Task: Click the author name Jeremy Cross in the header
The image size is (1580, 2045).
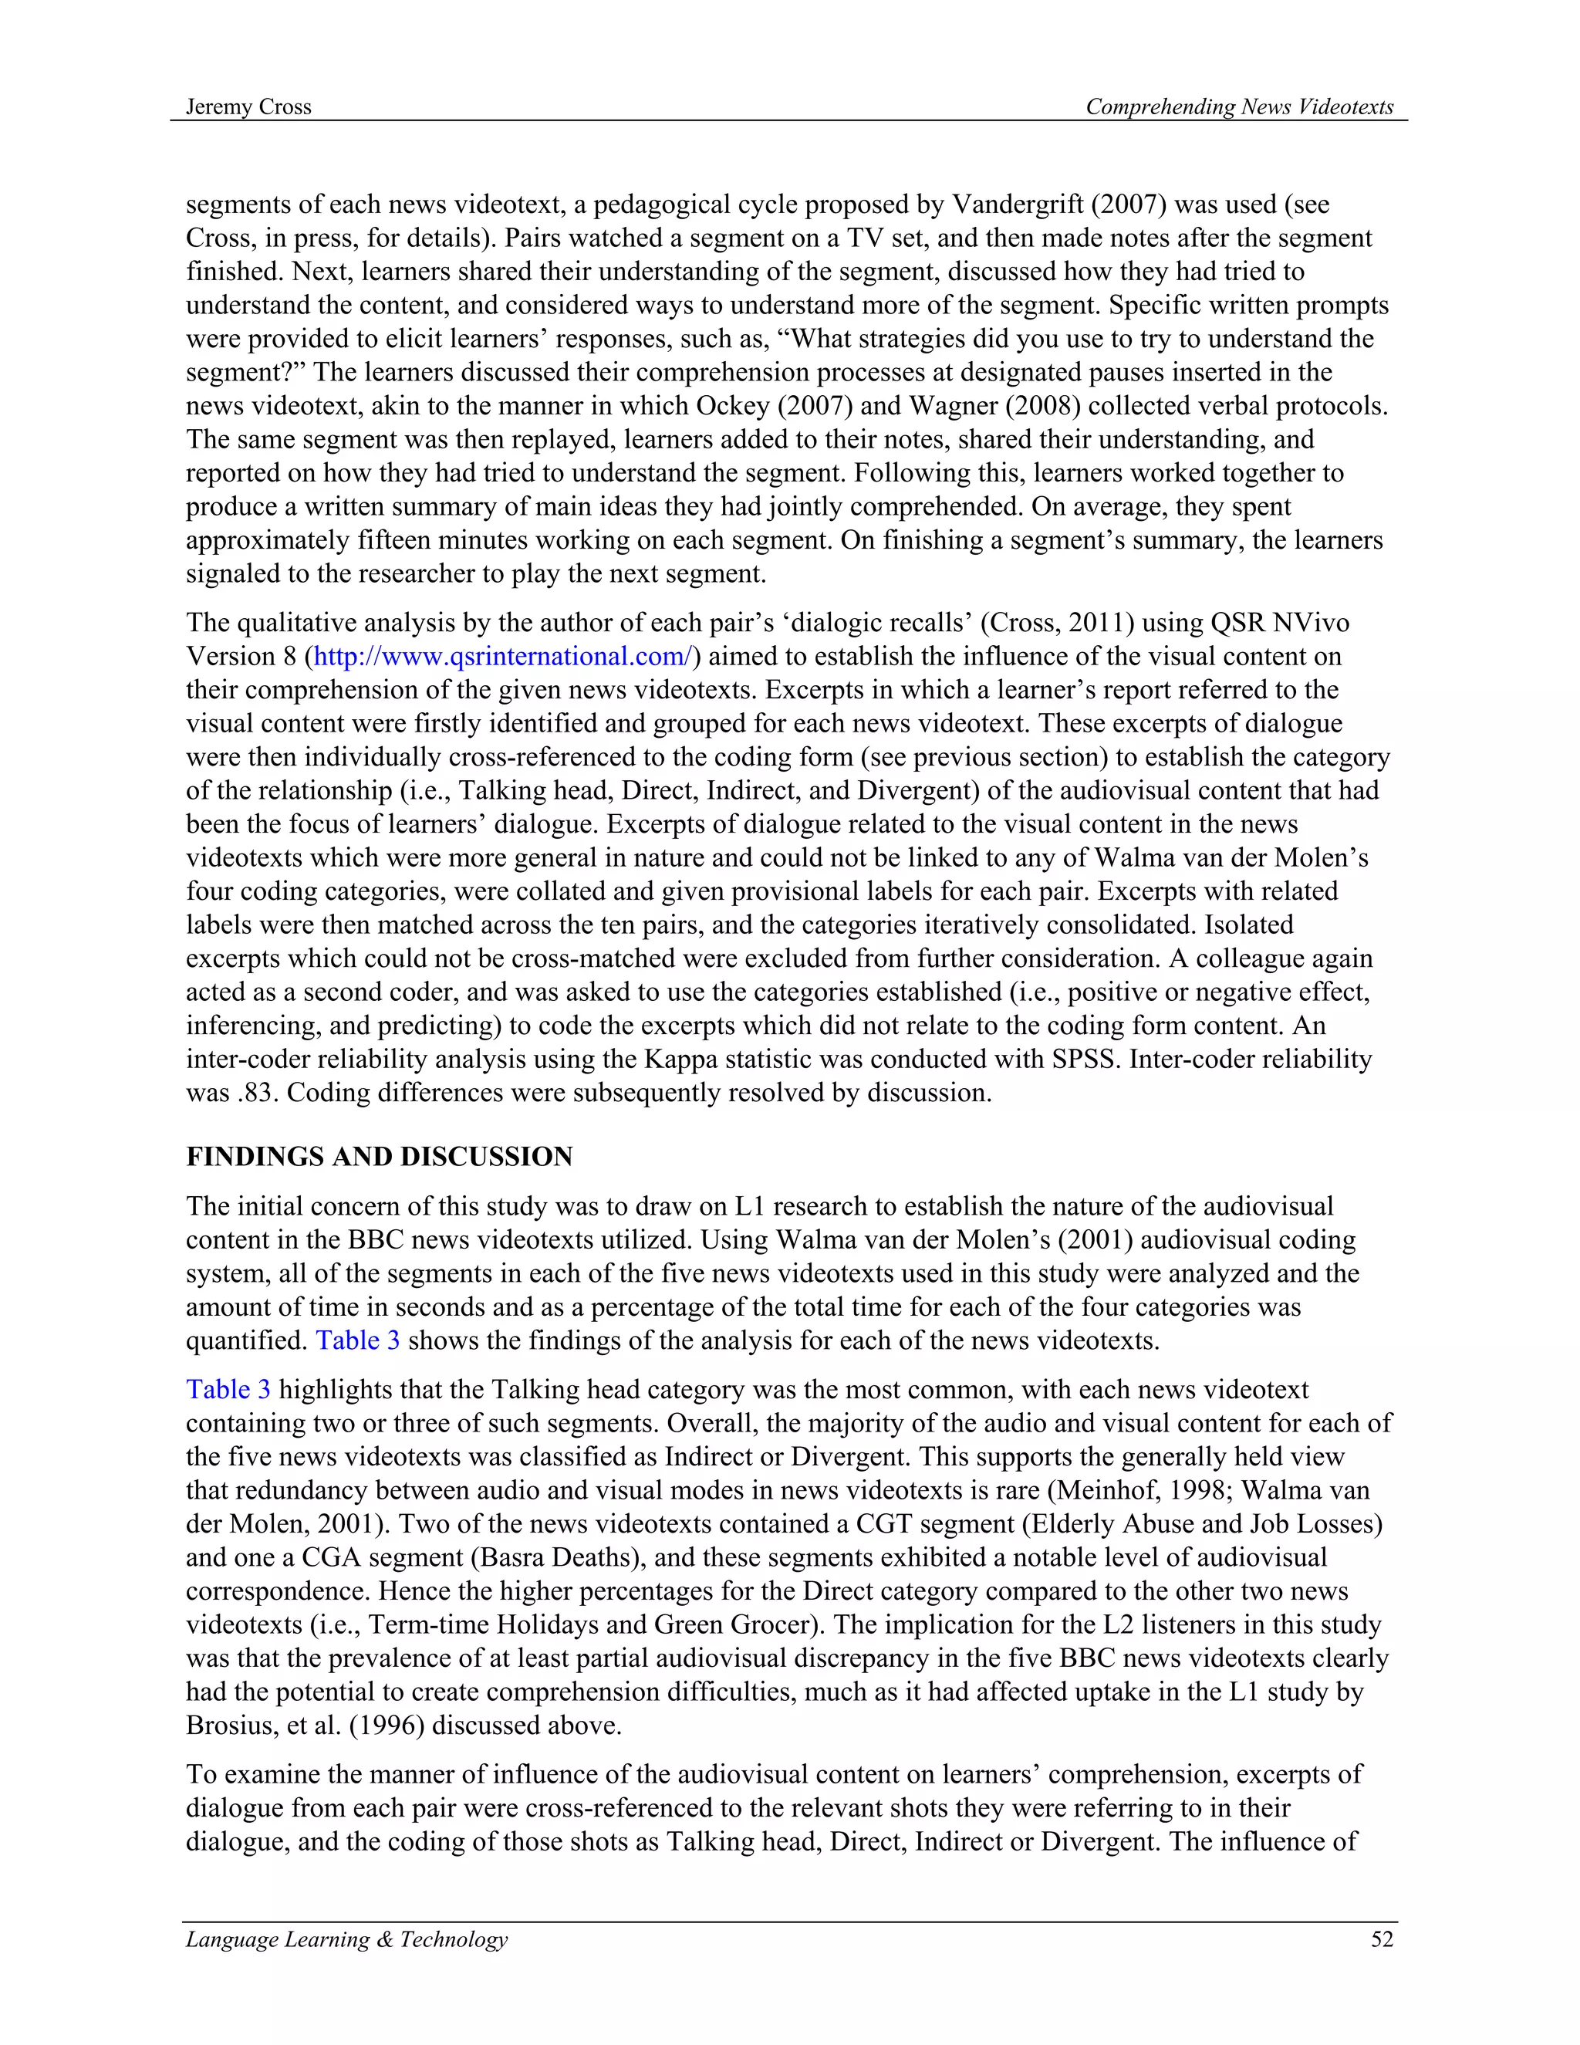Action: pos(248,106)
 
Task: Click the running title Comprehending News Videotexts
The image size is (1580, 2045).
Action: pos(1238,106)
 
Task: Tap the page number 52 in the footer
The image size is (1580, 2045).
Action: pos(1382,1939)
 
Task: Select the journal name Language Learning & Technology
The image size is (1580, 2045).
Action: pos(346,1939)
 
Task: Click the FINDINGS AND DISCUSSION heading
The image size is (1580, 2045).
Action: pos(379,1157)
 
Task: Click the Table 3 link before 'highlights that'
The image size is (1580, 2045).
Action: pos(228,1390)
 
